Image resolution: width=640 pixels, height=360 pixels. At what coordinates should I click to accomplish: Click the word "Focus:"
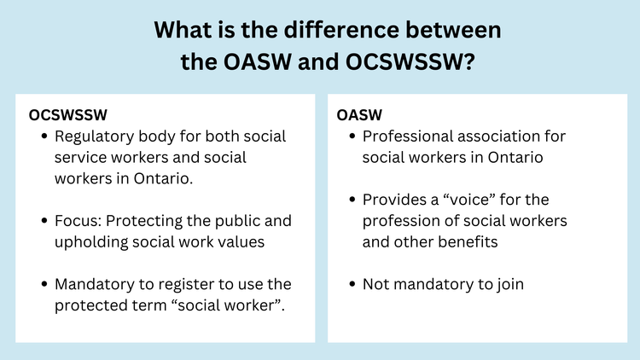pos(81,221)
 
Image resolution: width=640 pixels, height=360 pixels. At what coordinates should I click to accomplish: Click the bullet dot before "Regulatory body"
pos(44,136)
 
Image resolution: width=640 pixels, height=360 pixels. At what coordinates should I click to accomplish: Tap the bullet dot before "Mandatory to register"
pos(44,284)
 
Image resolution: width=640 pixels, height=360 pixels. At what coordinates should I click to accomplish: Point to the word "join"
pos(508,284)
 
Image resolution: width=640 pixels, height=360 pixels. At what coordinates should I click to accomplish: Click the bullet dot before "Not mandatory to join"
pos(352,284)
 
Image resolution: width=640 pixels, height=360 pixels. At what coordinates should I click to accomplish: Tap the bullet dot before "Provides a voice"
pos(352,200)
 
